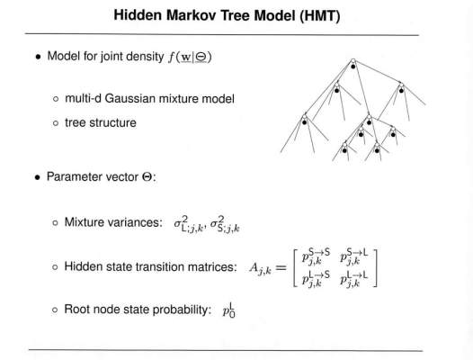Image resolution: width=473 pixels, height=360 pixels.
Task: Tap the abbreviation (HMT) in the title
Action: point(320,15)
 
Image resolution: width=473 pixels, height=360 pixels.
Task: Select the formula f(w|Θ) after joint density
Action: point(190,57)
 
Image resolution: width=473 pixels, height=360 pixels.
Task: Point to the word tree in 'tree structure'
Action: point(76,123)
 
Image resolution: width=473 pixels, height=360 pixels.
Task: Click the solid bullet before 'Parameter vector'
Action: point(38,177)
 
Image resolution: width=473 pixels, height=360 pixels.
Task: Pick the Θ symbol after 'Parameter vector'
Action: point(147,176)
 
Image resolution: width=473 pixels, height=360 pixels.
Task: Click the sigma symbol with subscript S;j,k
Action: point(225,225)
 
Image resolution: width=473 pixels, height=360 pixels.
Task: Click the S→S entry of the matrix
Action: point(316,257)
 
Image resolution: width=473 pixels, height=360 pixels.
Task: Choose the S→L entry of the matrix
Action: point(353,257)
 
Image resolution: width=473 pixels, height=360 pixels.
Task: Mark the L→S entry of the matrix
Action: point(316,279)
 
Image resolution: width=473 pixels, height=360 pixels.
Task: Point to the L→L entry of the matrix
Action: point(353,279)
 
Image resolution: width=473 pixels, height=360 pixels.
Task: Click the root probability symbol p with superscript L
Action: point(229,310)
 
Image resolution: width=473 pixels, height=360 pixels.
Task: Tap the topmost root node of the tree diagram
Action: point(353,61)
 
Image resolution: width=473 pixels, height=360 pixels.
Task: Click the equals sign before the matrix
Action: point(281,267)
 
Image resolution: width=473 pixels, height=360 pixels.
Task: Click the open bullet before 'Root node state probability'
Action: point(55,310)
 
